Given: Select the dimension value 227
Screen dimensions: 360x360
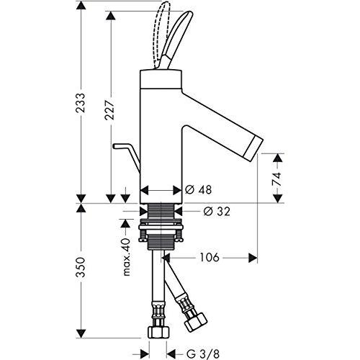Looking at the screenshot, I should coord(110,109).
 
